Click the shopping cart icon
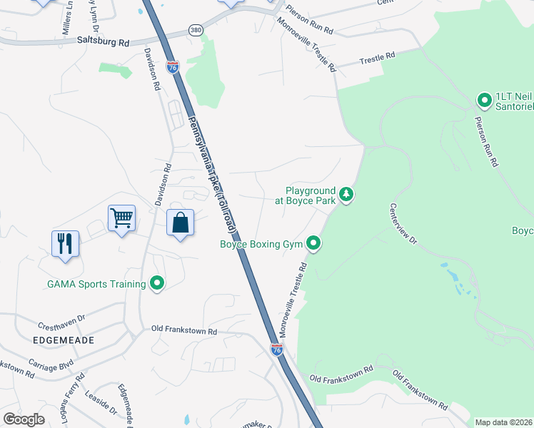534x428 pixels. (x=121, y=218)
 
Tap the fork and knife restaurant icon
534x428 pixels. (x=64, y=243)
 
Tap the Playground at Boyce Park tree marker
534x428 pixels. (x=346, y=194)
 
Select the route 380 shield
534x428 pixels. (x=196, y=30)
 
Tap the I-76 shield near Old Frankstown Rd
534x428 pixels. (x=277, y=350)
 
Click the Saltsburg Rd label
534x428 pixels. (x=103, y=43)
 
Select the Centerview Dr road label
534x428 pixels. (x=403, y=224)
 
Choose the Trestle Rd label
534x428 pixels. (x=377, y=56)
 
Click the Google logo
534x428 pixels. (x=24, y=419)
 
